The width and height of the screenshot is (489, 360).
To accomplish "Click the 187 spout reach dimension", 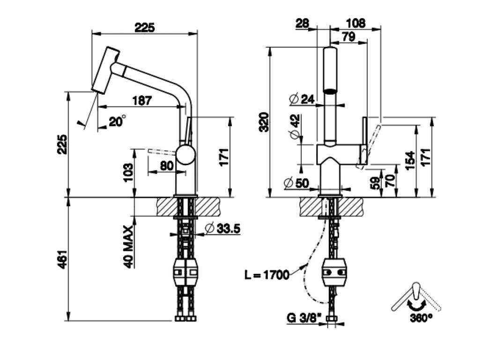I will coord(142,100).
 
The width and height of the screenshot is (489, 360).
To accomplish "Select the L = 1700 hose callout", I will coord(267,275).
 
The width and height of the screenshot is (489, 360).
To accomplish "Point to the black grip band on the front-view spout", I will coord(331,91).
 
